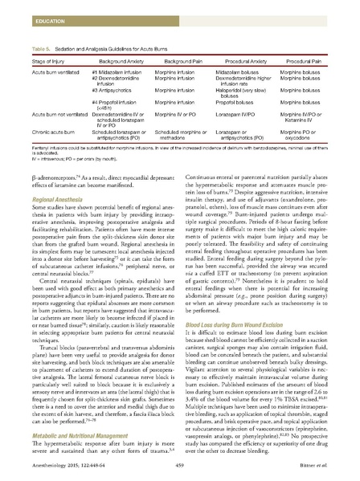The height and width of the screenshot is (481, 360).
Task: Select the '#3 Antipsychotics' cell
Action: tap(108, 87)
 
